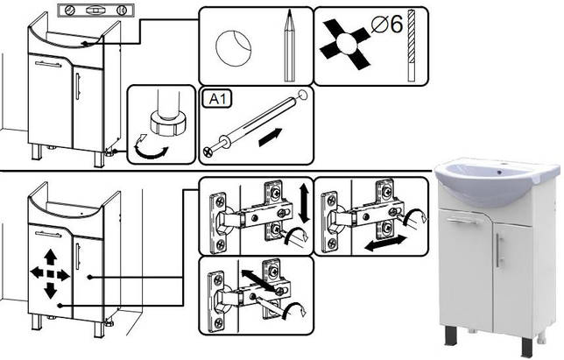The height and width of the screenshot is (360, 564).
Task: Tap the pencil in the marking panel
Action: click(288, 44)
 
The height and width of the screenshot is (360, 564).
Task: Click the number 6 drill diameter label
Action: click(390, 25)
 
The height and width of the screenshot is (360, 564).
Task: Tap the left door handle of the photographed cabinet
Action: click(461, 221)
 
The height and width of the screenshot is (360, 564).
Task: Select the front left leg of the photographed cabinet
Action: click(453, 342)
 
